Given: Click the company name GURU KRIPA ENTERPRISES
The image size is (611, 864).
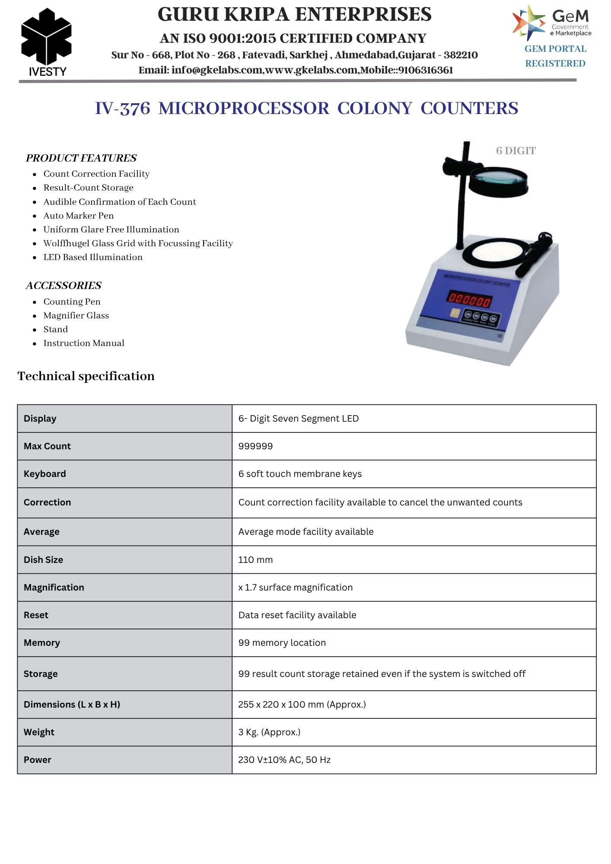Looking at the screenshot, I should [294, 15].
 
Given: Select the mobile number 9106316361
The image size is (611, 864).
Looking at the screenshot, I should [426, 70].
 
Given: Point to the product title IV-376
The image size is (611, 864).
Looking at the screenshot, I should [122, 108].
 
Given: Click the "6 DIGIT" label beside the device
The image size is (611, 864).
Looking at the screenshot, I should [516, 151].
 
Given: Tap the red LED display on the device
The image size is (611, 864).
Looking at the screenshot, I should [469, 299].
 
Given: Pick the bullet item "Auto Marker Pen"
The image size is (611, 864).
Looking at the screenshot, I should [79, 216].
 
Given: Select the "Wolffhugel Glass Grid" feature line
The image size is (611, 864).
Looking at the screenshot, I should [138, 243].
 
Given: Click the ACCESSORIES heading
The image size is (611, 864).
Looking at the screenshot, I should [64, 286].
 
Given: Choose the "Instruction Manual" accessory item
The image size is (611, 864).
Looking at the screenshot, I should [84, 343].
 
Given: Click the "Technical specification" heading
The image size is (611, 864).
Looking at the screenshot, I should [86, 376].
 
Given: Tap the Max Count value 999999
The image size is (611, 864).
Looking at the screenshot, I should [255, 446].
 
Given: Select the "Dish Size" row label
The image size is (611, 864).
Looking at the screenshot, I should [43, 560].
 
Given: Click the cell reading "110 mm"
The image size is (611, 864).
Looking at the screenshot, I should [255, 560].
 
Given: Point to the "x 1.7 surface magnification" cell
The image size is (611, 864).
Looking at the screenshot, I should [296, 588].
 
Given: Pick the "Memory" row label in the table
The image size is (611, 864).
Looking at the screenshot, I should [42, 643].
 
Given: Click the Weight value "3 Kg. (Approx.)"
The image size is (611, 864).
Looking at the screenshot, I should [269, 732].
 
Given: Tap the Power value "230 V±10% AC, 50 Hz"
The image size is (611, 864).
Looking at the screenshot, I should [284, 760].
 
